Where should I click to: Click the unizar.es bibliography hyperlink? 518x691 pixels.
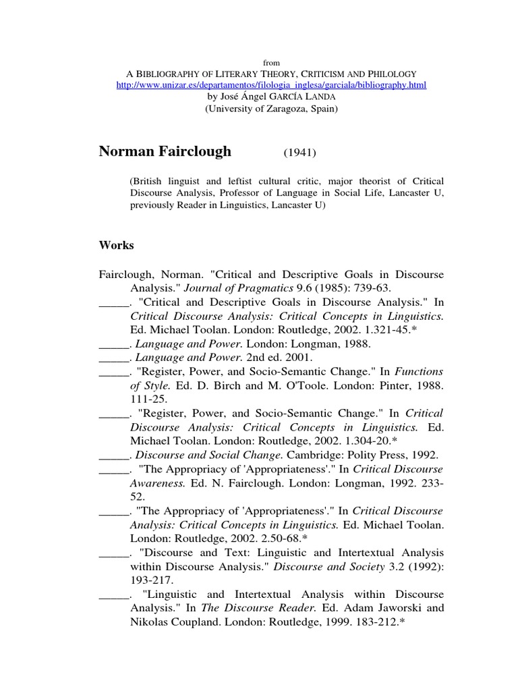click(272, 86)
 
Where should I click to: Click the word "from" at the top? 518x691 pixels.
click(272, 62)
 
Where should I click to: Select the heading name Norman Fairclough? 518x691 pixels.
click(165, 151)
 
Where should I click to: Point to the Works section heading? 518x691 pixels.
click(116, 246)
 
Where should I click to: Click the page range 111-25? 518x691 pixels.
click(146, 399)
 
